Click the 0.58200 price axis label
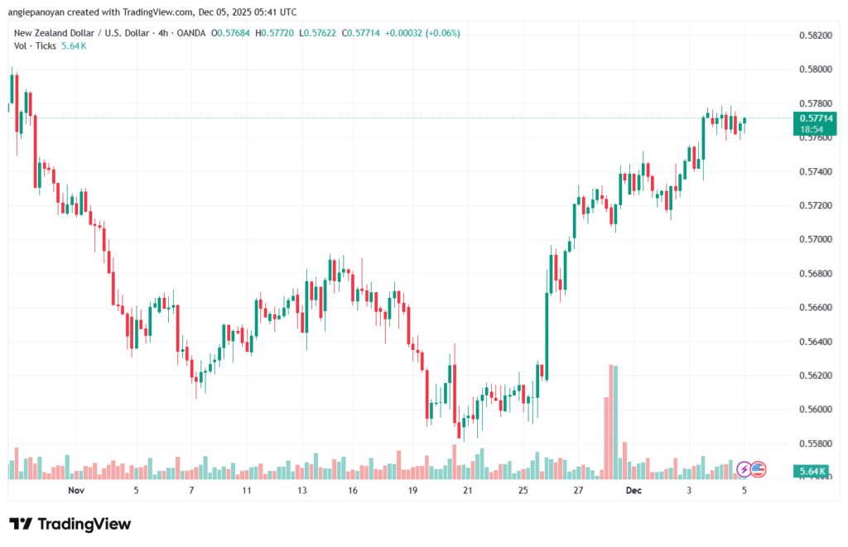point(816,35)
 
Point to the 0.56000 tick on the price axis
point(816,410)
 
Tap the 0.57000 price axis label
point(816,239)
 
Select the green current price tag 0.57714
point(817,118)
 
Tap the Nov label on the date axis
point(76,491)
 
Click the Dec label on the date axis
point(634,491)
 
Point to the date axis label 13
point(302,491)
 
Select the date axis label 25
point(523,491)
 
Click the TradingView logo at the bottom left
point(70,524)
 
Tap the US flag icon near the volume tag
point(759,469)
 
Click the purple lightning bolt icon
point(744,469)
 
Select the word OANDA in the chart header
point(189,33)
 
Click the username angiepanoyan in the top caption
point(39,12)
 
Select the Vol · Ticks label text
point(35,46)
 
